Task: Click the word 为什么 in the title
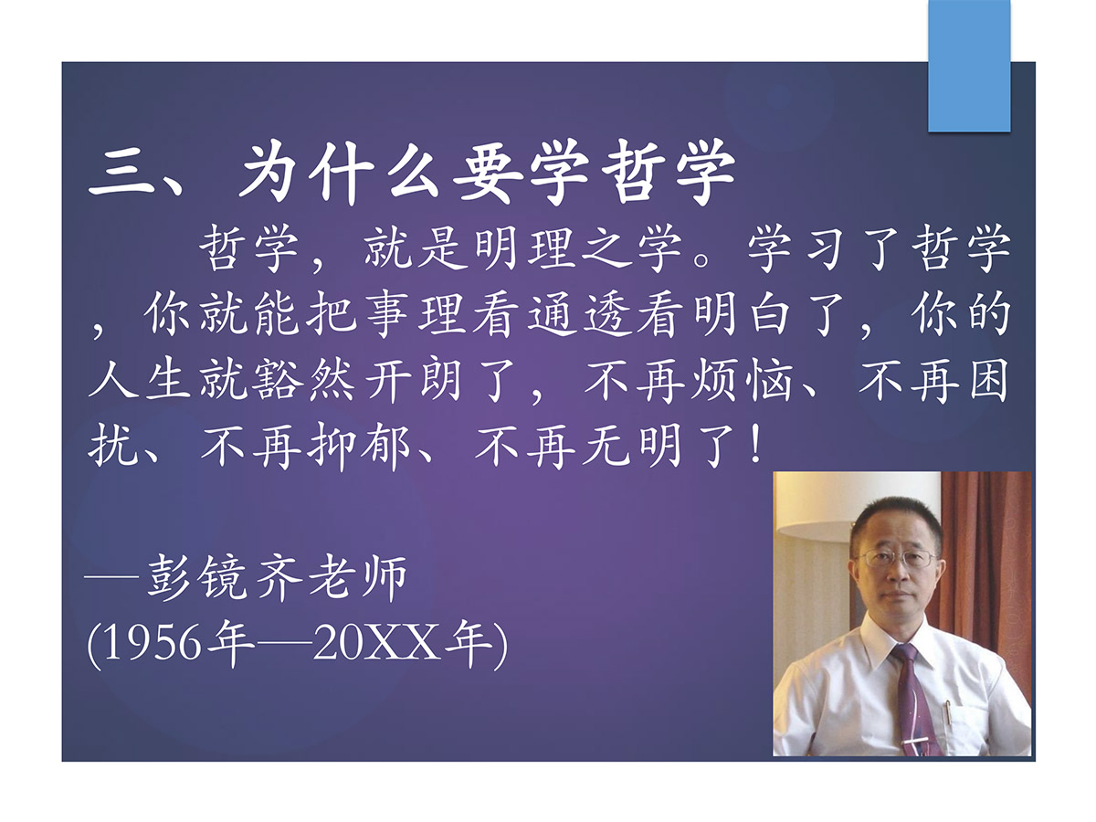click(339, 173)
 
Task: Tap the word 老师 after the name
click(356, 578)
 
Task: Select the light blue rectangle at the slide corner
click(969, 66)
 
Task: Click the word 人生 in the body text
click(140, 380)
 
